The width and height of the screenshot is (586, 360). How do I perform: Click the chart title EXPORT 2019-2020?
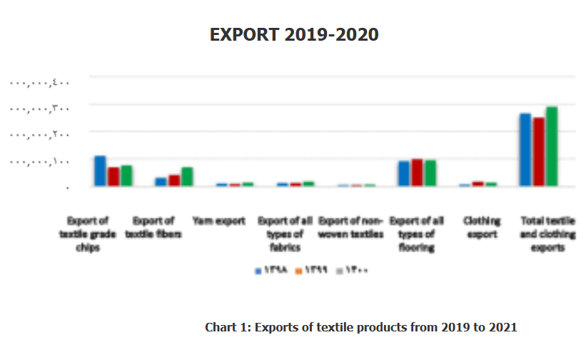point(293,34)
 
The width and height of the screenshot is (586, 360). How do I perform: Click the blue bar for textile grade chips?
point(100,171)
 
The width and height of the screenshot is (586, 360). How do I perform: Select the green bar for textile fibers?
point(187,176)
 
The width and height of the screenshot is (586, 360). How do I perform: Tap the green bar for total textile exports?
point(552,146)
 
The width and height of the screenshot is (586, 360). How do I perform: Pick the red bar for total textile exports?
point(538,151)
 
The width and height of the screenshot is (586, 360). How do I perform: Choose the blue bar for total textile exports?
point(525,149)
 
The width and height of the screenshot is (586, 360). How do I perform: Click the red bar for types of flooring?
point(417,172)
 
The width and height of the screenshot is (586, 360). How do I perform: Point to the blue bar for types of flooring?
point(404,174)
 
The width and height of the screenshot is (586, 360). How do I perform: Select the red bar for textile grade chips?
point(113,176)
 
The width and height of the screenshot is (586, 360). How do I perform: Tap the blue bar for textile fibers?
point(161,181)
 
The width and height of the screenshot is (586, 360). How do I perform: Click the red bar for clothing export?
point(478,184)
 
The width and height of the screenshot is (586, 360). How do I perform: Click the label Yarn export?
point(219,221)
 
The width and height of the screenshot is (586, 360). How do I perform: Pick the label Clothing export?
point(482,228)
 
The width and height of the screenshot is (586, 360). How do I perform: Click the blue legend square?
point(259,271)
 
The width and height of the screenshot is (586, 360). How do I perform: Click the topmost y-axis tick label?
point(39,84)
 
